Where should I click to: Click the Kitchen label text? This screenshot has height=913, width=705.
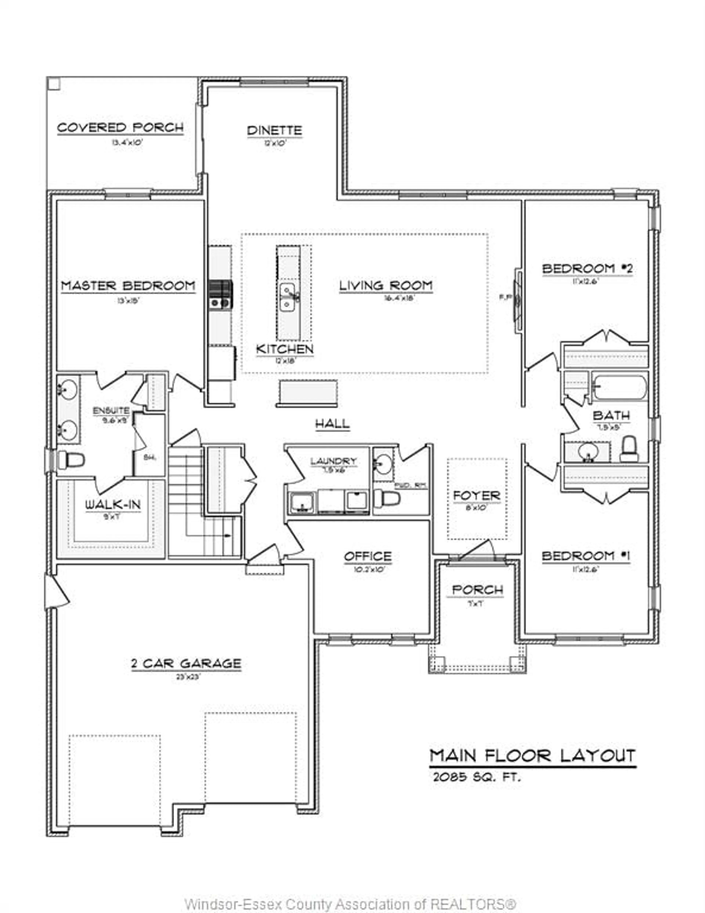[285, 349]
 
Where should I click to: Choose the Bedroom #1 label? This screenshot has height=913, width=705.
[586, 556]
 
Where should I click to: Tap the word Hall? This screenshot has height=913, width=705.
[332, 424]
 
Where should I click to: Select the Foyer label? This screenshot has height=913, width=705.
[477, 496]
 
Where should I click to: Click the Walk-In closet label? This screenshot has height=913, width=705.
[113, 505]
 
